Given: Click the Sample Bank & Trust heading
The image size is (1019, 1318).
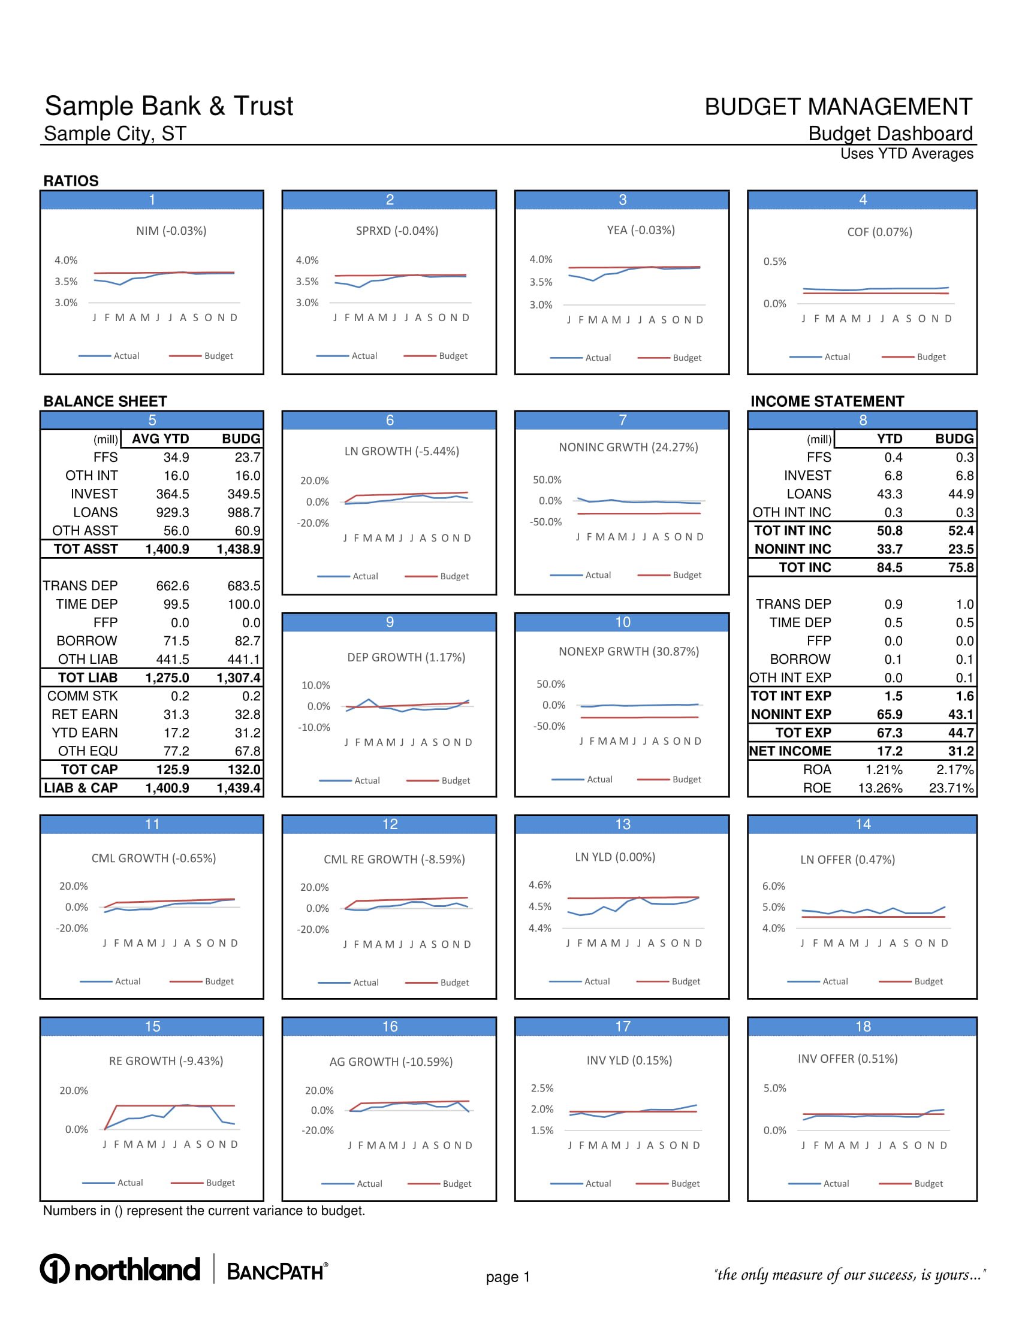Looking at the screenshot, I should pyautogui.click(x=168, y=106).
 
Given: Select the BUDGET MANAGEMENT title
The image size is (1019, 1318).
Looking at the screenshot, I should pyautogui.click(x=838, y=107).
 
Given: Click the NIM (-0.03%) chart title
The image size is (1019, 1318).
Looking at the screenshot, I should pyautogui.click(x=171, y=231).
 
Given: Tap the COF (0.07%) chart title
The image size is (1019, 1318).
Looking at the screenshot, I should pyautogui.click(x=879, y=232).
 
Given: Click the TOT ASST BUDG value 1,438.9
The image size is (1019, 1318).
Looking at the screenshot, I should pyautogui.click(x=239, y=549).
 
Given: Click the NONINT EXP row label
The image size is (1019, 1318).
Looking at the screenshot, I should pyautogui.click(x=791, y=715).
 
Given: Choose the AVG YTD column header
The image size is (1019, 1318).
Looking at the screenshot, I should pyautogui.click(x=160, y=439).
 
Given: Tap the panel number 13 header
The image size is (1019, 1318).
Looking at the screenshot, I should pyautogui.click(x=622, y=824).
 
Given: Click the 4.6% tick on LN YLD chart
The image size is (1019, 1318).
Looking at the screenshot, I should pyautogui.click(x=539, y=885).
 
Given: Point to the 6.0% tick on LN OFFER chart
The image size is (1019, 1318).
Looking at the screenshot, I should pyautogui.click(x=773, y=886).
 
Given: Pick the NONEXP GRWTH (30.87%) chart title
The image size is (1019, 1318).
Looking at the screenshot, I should pyautogui.click(x=628, y=651).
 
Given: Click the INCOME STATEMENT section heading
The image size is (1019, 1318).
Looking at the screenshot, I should pyautogui.click(x=827, y=401).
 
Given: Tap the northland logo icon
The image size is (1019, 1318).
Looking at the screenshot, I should pyautogui.click(x=55, y=1268).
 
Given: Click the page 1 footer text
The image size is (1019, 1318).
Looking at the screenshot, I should pyautogui.click(x=508, y=1277).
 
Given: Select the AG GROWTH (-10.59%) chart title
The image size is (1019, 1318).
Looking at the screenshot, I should pyautogui.click(x=391, y=1062).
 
